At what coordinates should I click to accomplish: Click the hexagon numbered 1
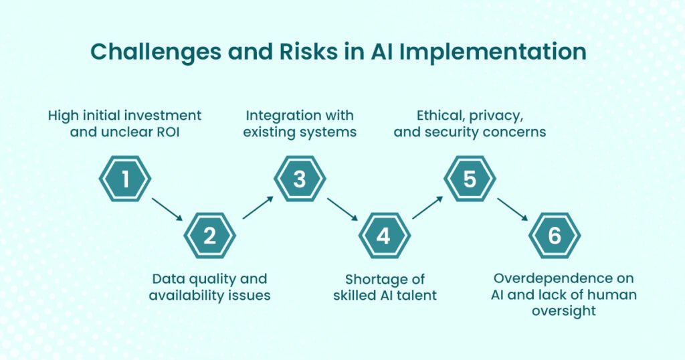pyautogui.click(x=125, y=179)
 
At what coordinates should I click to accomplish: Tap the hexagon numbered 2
pyautogui.click(x=209, y=236)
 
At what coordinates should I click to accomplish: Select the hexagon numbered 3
pyautogui.click(x=300, y=179)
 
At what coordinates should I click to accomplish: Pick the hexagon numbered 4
pyautogui.click(x=385, y=236)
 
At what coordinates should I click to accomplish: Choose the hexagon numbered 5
pyautogui.click(x=470, y=179)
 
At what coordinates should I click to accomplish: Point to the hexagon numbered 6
pyautogui.click(x=555, y=236)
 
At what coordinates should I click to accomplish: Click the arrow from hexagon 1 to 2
pyautogui.click(x=167, y=209)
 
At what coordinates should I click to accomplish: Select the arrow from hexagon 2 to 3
pyautogui.click(x=258, y=207)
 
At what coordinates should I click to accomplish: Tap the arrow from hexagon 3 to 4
pyautogui.click(x=342, y=209)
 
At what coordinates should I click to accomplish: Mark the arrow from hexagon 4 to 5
pyautogui.click(x=427, y=207)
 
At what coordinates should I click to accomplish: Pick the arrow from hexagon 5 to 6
pyautogui.click(x=512, y=209)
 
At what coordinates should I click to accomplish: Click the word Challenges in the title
pyautogui.click(x=156, y=52)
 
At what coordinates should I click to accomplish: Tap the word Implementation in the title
pyautogui.click(x=493, y=52)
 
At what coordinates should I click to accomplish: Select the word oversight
pyautogui.click(x=563, y=311)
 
